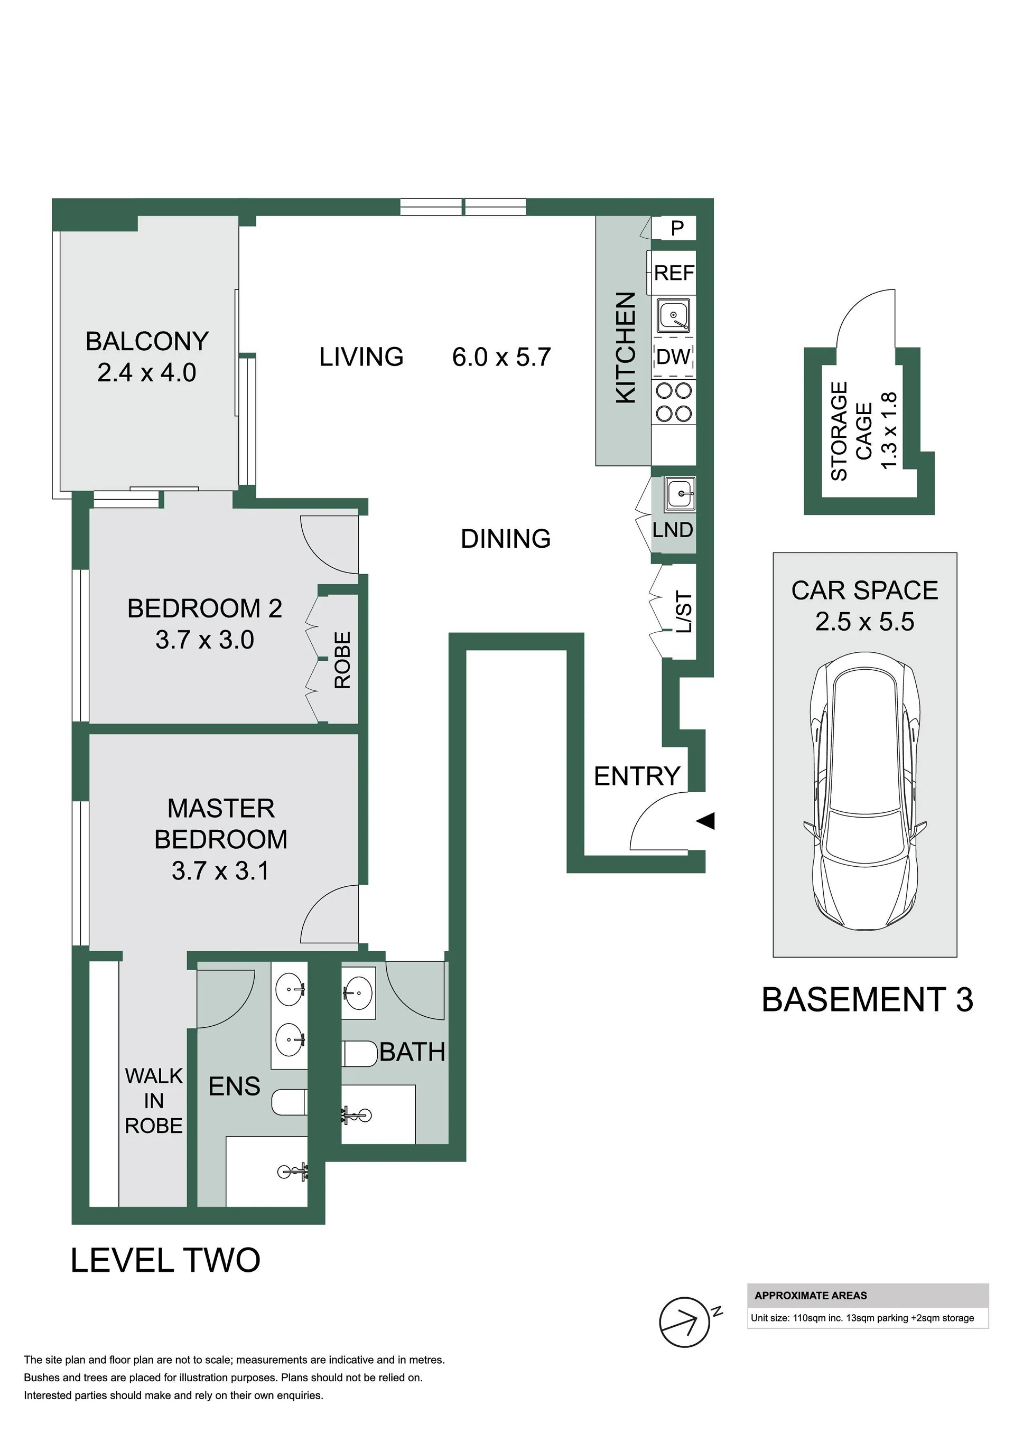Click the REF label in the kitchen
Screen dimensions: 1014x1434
coord(674,273)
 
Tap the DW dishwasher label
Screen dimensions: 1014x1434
coord(674,357)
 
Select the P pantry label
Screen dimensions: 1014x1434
coord(677,229)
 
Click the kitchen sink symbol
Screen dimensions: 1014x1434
coord(674,315)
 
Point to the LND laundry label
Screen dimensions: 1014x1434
coord(673,530)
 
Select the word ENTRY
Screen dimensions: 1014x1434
coord(637,776)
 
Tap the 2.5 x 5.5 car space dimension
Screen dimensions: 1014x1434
coord(864,622)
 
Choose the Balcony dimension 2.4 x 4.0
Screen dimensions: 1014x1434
coord(147,373)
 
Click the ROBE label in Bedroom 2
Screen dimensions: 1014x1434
coord(342,660)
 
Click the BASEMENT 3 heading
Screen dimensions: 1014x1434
coord(867,999)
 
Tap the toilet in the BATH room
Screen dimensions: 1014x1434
coord(360,1054)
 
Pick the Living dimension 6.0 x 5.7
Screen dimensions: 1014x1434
coord(501,357)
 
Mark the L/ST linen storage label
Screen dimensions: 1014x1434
coord(685,612)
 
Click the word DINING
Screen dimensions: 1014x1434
coord(506,538)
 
